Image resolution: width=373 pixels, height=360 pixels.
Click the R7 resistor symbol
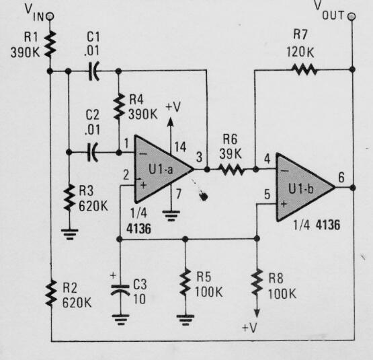(x=303, y=68)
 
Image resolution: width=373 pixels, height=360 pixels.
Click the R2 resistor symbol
(x=49, y=292)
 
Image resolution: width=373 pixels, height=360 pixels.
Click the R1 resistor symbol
(x=49, y=44)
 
